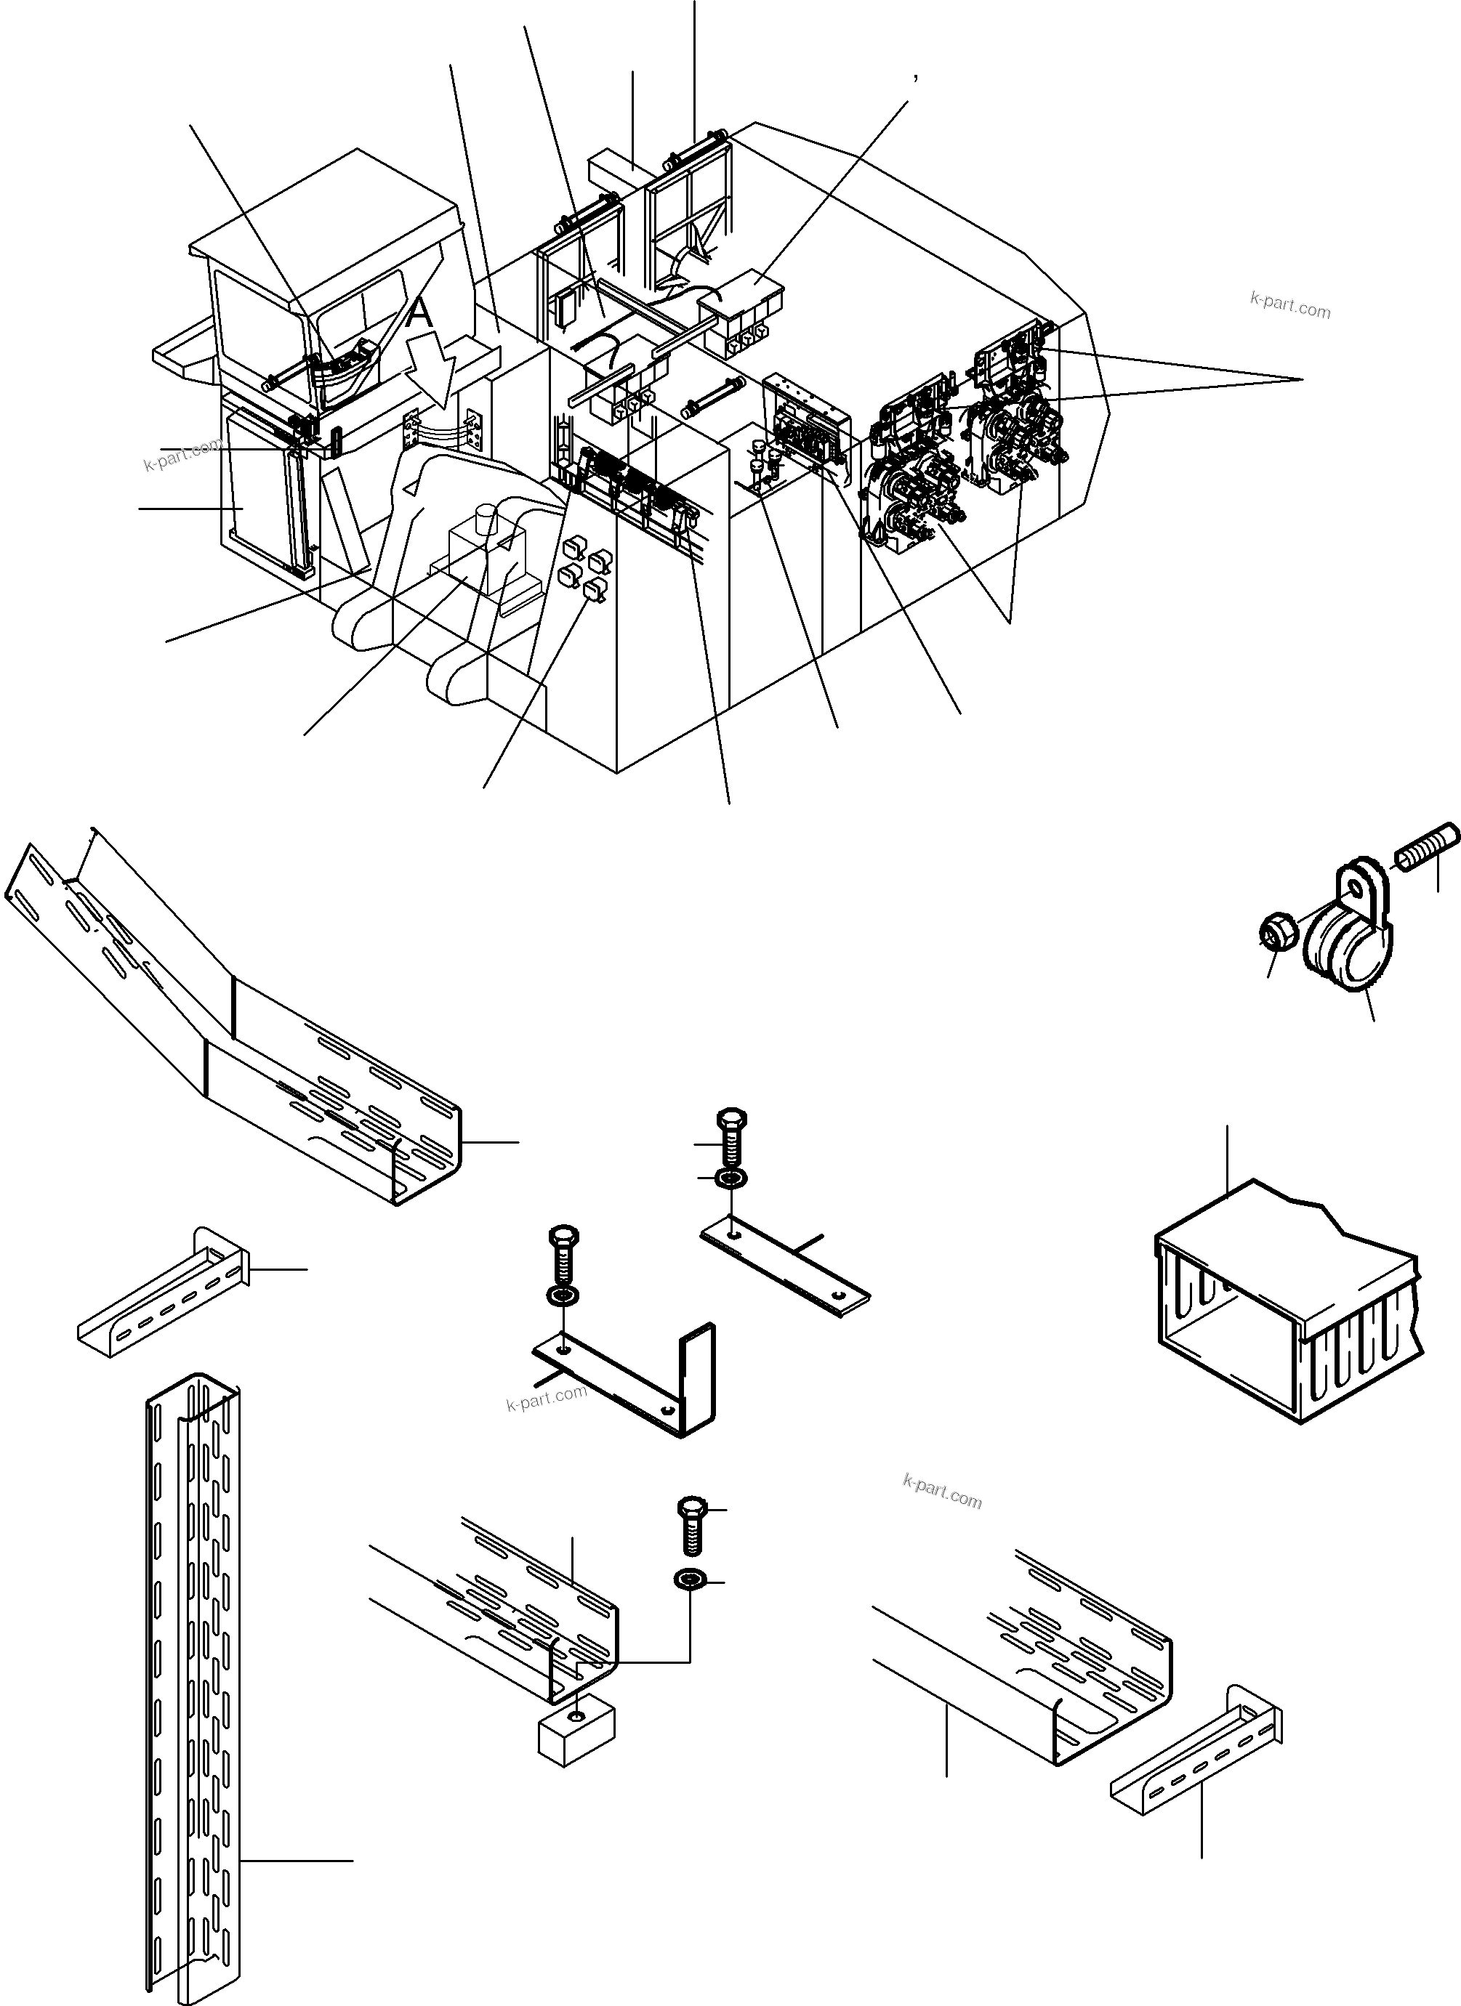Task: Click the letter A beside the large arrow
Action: (x=422, y=313)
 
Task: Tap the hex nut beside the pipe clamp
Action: (x=1278, y=933)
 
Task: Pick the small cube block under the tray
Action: (x=577, y=1738)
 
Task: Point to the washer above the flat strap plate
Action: (x=733, y=1179)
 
